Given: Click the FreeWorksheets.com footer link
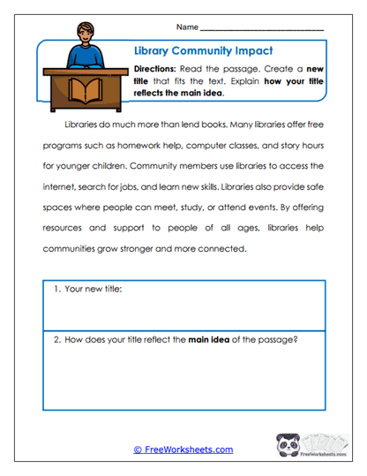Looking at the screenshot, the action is (x=183, y=450).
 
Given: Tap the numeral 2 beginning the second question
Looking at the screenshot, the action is (x=56, y=339).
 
